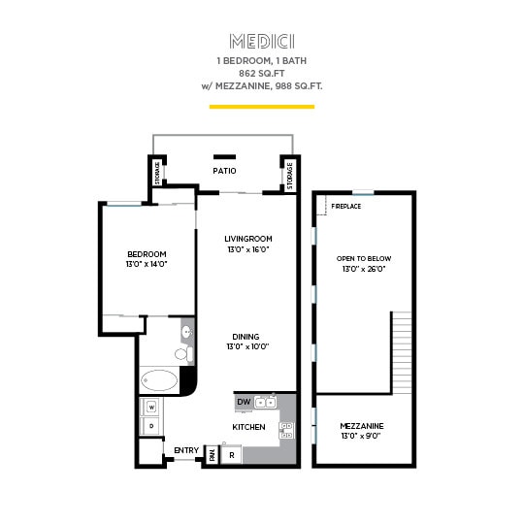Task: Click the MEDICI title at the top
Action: point(261,41)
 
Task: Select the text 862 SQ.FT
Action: point(261,73)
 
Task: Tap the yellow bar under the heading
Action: point(261,105)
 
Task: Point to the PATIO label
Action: point(224,171)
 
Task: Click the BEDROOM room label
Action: point(146,253)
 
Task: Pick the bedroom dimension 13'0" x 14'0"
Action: point(146,264)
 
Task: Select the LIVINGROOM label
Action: point(247,239)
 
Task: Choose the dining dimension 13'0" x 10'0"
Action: point(246,346)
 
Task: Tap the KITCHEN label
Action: point(248,427)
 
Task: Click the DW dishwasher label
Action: point(243,401)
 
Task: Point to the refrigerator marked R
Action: point(231,453)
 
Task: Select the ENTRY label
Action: point(185,450)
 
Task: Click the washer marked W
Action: point(150,406)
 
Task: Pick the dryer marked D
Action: point(150,426)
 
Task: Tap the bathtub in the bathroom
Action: point(160,379)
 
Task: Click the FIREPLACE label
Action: point(346,207)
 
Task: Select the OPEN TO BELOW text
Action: point(364,258)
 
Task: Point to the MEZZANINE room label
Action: point(362,426)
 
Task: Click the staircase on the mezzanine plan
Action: point(403,351)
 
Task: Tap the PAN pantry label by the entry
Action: point(211,453)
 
